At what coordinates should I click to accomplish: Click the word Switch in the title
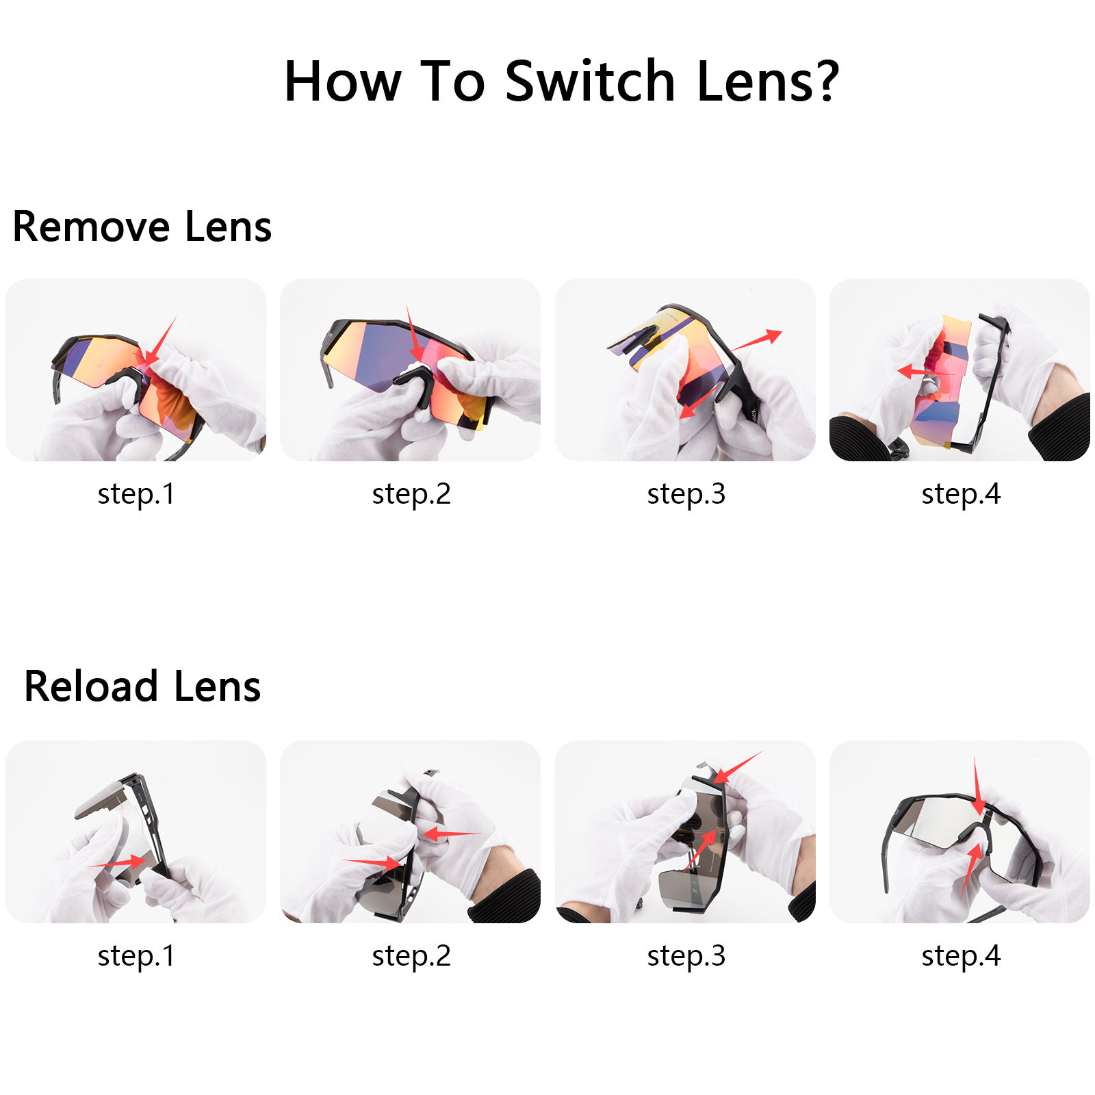click(590, 82)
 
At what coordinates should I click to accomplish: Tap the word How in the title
click(342, 82)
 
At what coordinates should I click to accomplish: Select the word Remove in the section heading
click(91, 227)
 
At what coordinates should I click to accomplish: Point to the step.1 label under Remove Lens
click(136, 494)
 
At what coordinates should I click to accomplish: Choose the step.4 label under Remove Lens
click(961, 494)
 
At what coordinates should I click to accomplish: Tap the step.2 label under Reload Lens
click(411, 956)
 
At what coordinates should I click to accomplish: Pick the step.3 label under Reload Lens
click(686, 956)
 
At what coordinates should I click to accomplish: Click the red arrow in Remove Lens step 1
click(160, 342)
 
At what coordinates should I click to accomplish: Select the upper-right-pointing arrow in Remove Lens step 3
click(756, 340)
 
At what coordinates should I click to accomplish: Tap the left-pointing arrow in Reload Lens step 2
click(448, 834)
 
